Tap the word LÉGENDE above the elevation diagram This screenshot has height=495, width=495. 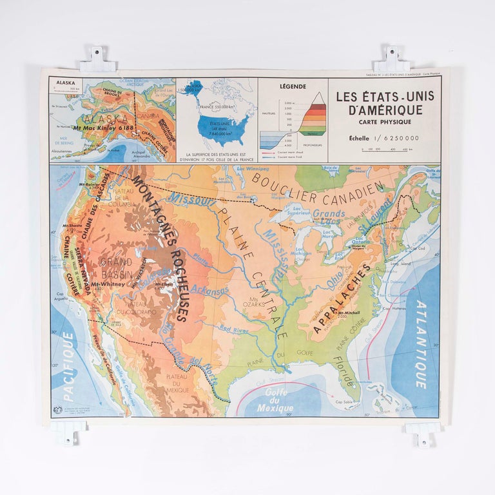tap(293, 86)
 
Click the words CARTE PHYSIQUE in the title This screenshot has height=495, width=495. tap(384, 122)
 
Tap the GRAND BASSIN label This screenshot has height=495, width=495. tap(116, 268)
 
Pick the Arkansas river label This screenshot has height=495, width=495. tap(210, 291)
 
